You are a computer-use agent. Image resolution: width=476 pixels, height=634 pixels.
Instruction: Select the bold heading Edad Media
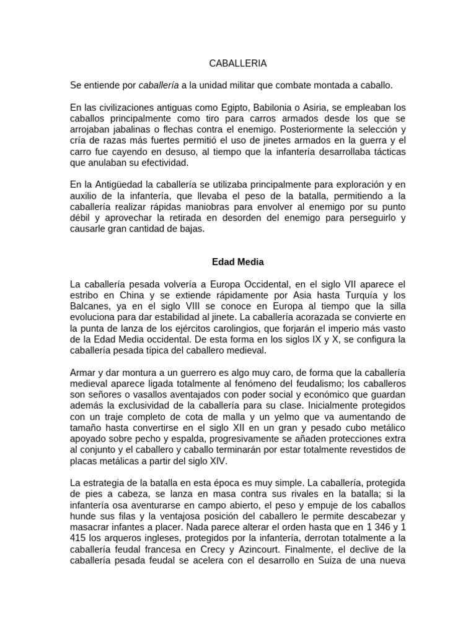click(237, 262)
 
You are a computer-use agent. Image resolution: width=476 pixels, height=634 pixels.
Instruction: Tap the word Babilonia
click(280, 107)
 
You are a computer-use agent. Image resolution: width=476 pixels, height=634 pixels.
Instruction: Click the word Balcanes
click(93, 306)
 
